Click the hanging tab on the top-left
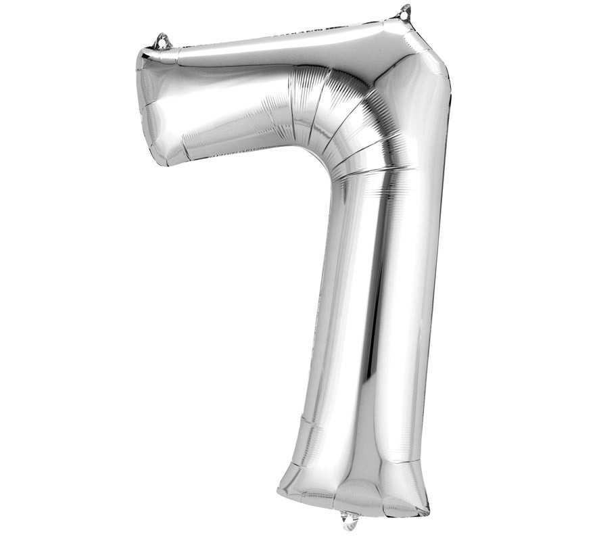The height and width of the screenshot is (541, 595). (x=162, y=42)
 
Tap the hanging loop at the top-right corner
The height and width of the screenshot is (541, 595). (x=405, y=12)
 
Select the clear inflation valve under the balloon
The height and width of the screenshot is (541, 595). (x=350, y=519)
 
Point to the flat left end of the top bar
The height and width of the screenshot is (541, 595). (x=147, y=108)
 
